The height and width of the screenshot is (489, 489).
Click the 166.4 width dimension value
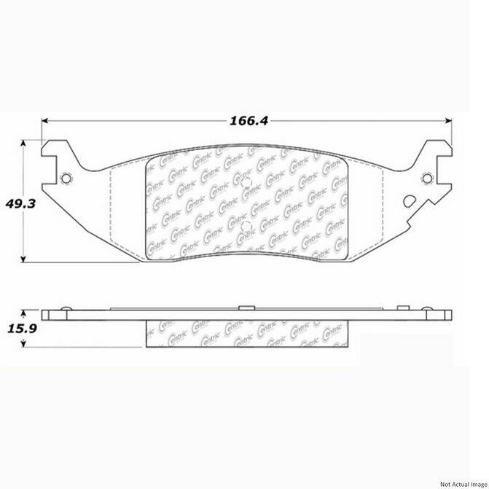point(244,121)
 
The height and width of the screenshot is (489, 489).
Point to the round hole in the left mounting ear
point(66,179)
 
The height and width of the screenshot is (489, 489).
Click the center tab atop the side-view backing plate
point(245,307)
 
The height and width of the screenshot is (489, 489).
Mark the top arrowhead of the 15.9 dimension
point(26,309)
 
